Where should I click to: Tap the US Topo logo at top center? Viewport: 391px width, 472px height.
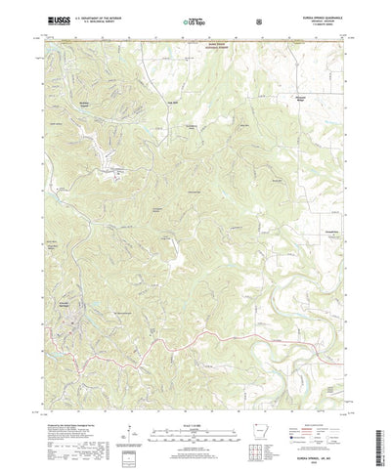point(182,20)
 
